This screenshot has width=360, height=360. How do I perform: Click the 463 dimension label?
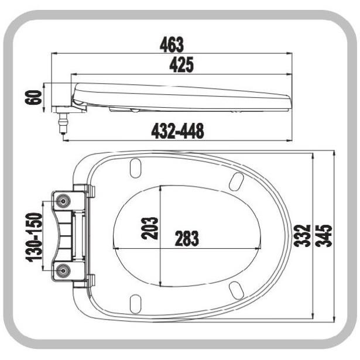click(x=172, y=44)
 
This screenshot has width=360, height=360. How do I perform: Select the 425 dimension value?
click(x=181, y=65)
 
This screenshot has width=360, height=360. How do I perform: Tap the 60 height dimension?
click(x=33, y=97)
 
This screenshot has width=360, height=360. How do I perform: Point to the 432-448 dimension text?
click(x=177, y=131)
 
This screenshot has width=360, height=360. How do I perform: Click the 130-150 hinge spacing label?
click(x=34, y=238)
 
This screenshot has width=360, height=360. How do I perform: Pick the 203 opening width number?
click(x=149, y=228)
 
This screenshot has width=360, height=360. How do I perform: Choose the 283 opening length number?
click(x=187, y=238)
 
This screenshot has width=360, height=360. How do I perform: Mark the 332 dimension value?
click(x=302, y=235)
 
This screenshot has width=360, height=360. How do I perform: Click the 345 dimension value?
click(x=324, y=235)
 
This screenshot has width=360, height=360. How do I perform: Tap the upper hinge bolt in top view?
click(x=63, y=201)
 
